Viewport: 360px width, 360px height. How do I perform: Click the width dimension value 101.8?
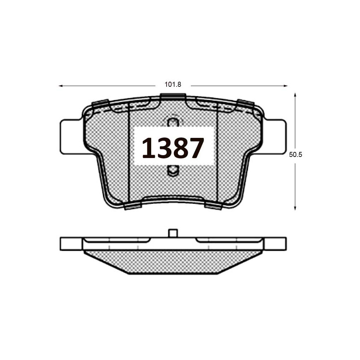tap(172, 85)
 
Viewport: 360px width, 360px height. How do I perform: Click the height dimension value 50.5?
tap(295, 155)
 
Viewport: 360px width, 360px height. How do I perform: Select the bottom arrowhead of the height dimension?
tap(295, 208)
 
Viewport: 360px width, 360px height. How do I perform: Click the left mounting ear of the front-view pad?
tap(71, 137)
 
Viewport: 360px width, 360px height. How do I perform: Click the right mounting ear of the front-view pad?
tap(275, 137)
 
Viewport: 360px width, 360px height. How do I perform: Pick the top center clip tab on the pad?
tap(173, 96)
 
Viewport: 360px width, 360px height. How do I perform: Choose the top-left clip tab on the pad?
tap(100, 103)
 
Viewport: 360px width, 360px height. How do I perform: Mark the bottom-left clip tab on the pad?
tap(132, 206)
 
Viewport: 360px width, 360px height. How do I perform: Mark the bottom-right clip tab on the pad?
tap(213, 206)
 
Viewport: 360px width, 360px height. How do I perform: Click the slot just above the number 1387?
tap(173, 122)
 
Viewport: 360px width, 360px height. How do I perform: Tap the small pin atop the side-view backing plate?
tap(173, 233)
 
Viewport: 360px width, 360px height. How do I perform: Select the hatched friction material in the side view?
tap(173, 261)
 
